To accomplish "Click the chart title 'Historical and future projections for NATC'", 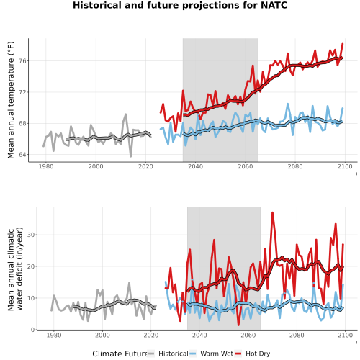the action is click(180, 5).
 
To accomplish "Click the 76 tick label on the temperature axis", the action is click(23, 61).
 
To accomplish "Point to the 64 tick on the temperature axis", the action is click(23, 155).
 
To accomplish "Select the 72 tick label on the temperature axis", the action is click(23, 92).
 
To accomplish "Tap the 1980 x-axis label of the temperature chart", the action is click(46, 166).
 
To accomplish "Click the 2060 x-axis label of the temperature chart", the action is click(246, 166).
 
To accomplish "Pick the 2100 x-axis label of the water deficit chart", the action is click(345, 335).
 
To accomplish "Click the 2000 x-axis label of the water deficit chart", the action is click(102, 335).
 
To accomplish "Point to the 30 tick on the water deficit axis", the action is click(31, 235).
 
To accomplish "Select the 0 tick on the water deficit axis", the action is click(33, 330).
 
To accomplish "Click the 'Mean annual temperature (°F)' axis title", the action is click(11, 100).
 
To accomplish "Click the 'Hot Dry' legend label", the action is click(258, 354).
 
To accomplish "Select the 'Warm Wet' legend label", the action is click(217, 354).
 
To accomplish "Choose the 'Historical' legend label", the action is click(174, 354).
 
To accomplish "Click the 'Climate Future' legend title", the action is click(120, 354).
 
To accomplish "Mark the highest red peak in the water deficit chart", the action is click(272, 212).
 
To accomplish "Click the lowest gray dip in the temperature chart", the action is click(131, 156).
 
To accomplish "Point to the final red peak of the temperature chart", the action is click(343, 44).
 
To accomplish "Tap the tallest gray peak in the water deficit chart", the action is click(129, 283).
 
